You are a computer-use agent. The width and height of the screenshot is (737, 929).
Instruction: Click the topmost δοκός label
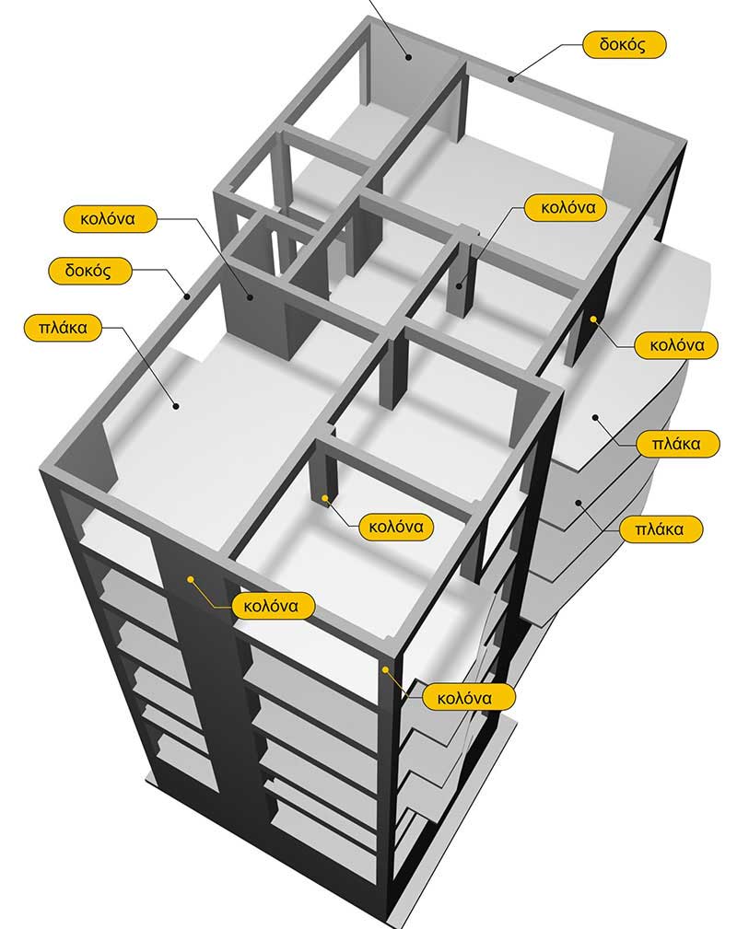624,44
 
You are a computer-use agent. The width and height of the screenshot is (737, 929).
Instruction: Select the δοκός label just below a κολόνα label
89,271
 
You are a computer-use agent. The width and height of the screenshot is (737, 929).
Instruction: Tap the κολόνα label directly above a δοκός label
109,218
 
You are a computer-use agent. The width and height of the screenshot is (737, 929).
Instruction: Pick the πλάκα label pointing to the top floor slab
63,328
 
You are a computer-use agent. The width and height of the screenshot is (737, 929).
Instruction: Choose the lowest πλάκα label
659,529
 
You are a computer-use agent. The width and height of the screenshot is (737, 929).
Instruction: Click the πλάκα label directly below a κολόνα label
675,444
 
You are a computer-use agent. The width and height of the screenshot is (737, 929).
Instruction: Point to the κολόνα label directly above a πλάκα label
676,345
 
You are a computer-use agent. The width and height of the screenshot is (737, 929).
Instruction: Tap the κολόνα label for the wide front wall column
271,606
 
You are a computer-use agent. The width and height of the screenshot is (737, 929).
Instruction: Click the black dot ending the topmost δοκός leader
510,78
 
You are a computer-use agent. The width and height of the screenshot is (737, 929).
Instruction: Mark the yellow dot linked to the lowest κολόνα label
385,669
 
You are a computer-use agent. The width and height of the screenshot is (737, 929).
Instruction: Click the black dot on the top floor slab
176,406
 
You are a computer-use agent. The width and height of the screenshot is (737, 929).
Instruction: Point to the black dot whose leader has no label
408,57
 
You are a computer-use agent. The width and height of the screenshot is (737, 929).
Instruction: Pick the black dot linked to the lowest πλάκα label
579,503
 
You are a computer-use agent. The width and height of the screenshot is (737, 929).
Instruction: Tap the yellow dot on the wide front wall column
191,579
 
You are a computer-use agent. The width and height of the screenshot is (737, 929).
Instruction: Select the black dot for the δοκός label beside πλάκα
187,296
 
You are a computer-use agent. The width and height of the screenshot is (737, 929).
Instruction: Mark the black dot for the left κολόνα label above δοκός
251,296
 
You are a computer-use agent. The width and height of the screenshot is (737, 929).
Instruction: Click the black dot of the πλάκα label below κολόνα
595,418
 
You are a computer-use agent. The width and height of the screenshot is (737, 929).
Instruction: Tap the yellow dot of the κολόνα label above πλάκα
593,319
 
